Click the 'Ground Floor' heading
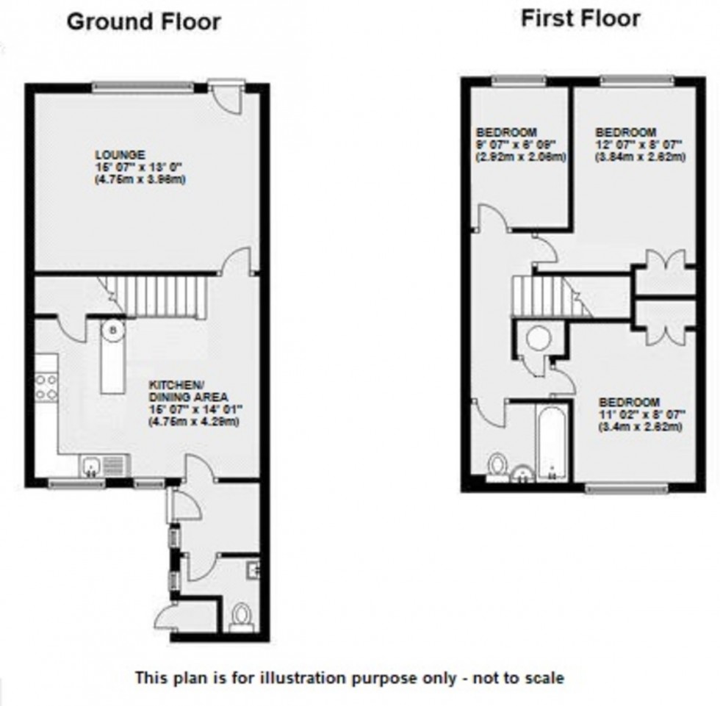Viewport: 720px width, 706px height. (143, 21)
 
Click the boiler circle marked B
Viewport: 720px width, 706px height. (112, 330)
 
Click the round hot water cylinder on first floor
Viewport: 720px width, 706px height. (538, 337)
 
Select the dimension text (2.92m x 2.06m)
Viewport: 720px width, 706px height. (519, 156)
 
